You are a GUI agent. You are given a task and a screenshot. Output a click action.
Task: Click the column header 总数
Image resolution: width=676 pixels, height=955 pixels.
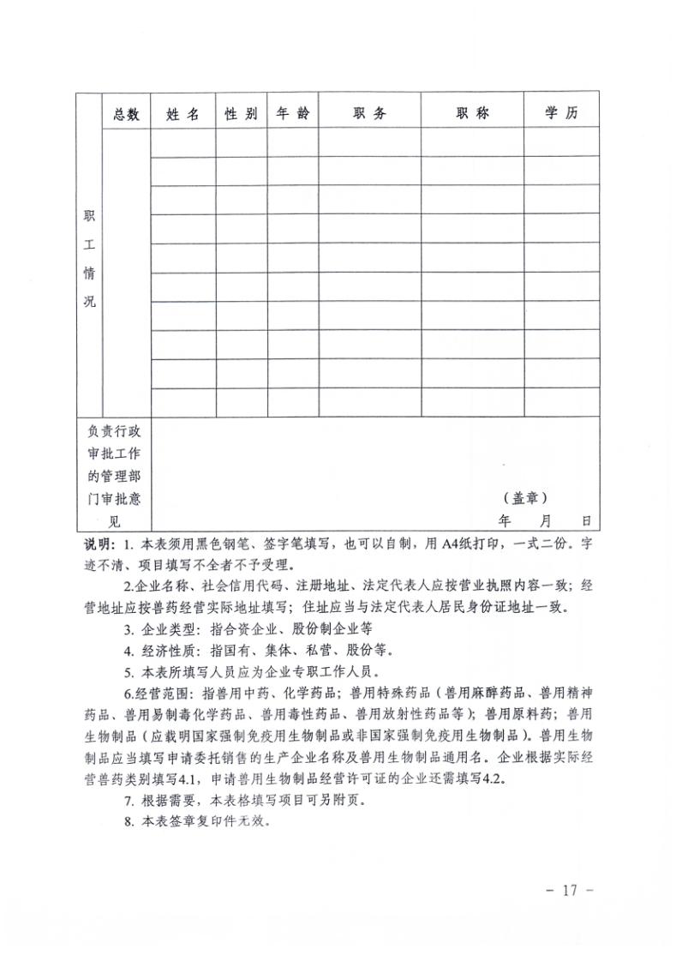click(x=126, y=114)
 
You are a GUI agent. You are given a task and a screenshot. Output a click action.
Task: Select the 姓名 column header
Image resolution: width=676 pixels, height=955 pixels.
click(x=182, y=114)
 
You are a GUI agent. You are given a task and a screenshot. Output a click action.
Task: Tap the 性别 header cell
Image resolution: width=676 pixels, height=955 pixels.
click(x=241, y=114)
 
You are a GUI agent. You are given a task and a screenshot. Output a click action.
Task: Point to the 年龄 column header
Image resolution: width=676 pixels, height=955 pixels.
click(x=293, y=114)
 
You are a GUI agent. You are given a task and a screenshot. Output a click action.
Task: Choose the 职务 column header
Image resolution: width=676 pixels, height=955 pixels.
click(x=369, y=114)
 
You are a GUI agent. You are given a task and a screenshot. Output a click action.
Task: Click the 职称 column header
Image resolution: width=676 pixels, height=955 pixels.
click(x=472, y=114)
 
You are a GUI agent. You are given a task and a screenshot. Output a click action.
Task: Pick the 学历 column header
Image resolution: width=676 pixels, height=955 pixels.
click(x=561, y=114)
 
